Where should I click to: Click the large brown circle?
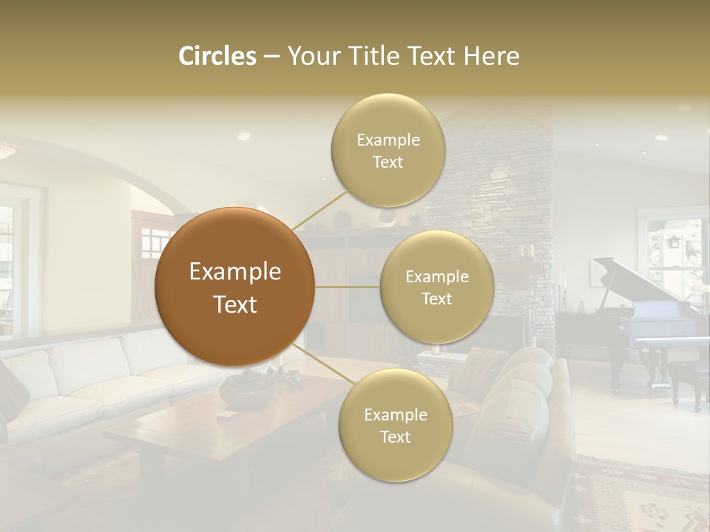(235, 287)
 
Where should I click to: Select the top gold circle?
(388, 151)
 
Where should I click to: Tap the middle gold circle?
(436, 287)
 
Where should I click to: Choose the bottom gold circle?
(395, 426)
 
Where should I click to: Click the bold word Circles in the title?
(217, 56)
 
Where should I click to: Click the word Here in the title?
(492, 56)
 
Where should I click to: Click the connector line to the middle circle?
(348, 287)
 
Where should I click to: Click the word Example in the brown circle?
(235, 272)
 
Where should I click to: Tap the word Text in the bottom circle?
(395, 437)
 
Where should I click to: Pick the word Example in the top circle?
(388, 140)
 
